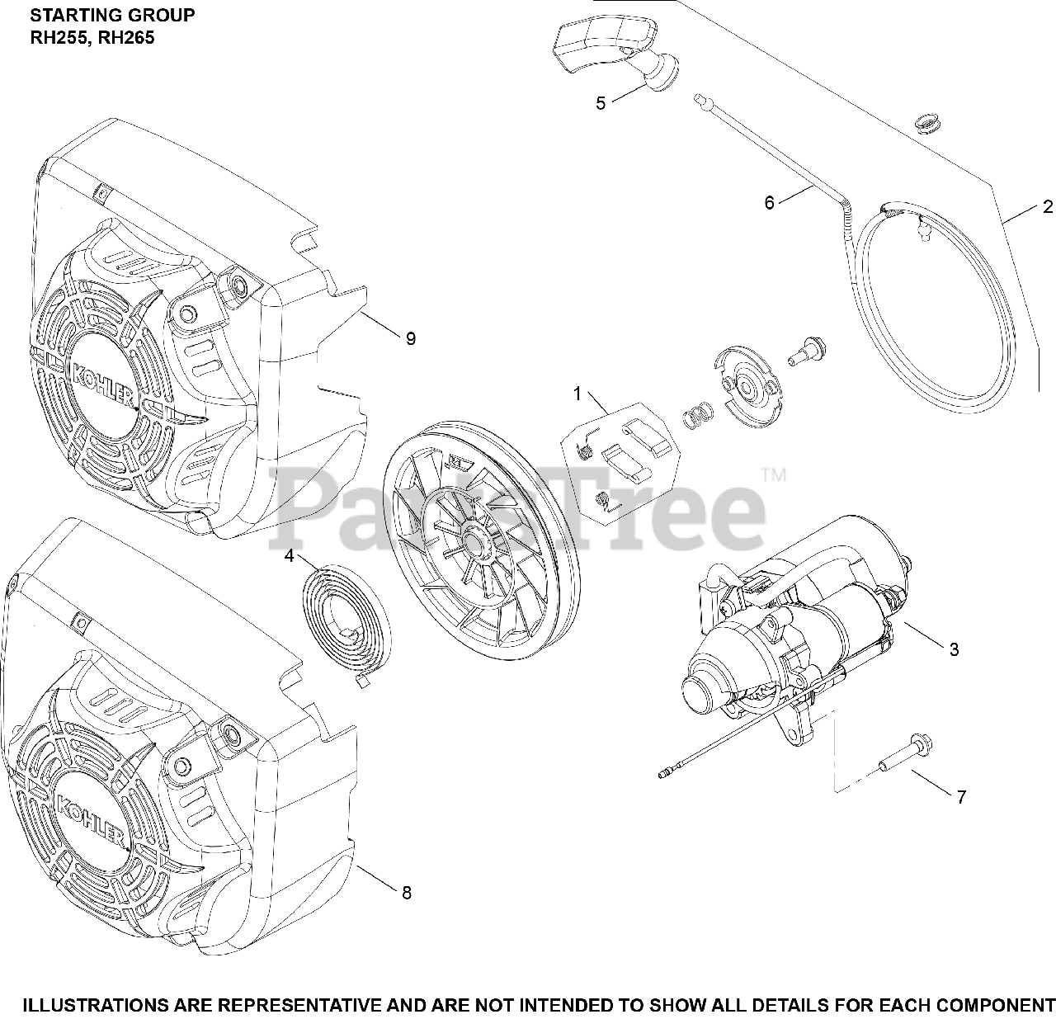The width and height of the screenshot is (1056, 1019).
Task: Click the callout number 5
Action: [x=601, y=103]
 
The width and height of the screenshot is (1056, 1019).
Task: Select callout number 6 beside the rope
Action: [x=770, y=202]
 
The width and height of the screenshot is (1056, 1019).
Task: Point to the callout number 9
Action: [x=410, y=338]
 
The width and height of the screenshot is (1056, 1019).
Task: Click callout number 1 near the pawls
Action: [x=577, y=394]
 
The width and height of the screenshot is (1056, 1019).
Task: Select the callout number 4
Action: [x=289, y=556]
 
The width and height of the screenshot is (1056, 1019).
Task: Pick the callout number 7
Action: [x=961, y=797]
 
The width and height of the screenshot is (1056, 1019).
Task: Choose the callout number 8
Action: [x=405, y=892]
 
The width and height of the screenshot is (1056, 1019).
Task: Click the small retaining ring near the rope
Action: [x=929, y=123]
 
